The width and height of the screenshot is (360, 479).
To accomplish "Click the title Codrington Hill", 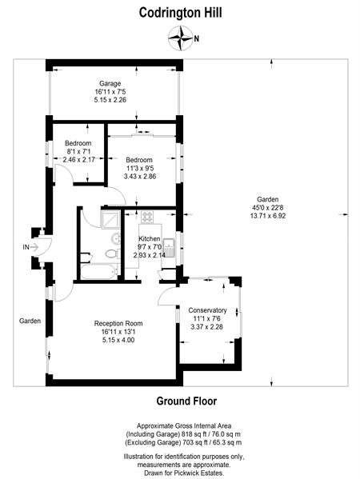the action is point(180,13).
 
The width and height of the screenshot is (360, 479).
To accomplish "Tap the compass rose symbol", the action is point(181,38).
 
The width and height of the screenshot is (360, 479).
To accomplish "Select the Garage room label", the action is point(110,83).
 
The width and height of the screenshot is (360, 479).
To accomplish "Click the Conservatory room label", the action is point(207,310).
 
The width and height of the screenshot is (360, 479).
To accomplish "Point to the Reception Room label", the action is point(118,323).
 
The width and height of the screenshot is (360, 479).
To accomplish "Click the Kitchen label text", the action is point(150,238).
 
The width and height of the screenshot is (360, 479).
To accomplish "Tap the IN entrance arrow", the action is point(34,247).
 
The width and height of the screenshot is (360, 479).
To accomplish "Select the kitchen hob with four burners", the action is point(147,217).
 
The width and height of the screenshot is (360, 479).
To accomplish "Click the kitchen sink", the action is point(169,247).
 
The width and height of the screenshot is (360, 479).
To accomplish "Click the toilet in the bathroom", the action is point(113,253).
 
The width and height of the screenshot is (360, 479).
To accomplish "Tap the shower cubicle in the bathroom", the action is point(110,219).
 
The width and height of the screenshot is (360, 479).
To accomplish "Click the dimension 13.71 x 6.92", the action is point(268,216).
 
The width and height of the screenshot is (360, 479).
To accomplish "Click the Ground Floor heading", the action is point(186,401).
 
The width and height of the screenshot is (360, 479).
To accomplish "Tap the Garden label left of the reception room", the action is point(30,321).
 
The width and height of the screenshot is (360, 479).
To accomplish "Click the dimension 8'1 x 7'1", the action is point(78,151).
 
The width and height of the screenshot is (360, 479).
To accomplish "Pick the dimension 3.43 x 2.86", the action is point(140,176).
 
